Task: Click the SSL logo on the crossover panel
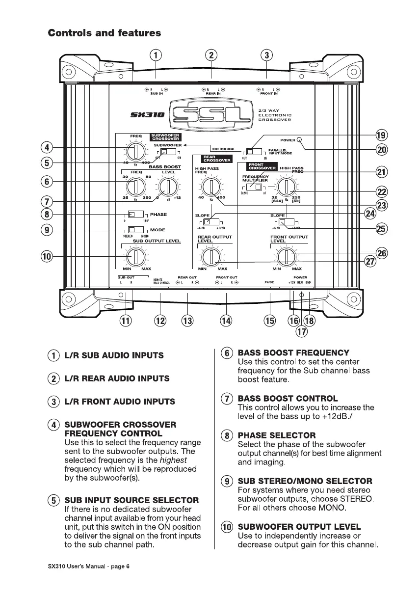click(211, 116)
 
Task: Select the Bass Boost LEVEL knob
click(168, 187)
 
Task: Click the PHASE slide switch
click(135, 214)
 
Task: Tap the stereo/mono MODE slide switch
click(135, 229)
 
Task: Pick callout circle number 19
click(381, 135)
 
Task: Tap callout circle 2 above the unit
click(211, 55)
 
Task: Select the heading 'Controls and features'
click(104, 33)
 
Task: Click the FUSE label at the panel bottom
click(269, 283)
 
